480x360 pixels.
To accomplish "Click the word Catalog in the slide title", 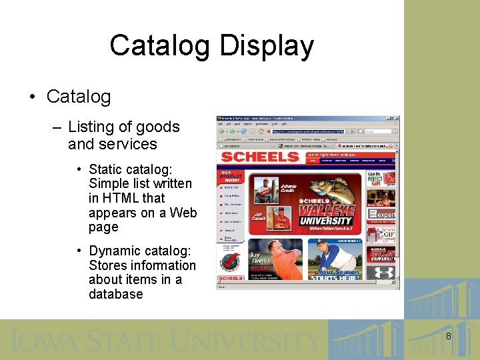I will point(157,46).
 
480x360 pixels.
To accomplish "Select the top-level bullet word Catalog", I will point(79,97).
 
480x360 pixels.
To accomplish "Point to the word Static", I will point(108,169).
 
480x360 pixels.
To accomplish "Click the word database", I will point(116,294).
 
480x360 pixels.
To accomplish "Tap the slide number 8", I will point(448,337).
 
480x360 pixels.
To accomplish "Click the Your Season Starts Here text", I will point(339,275).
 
